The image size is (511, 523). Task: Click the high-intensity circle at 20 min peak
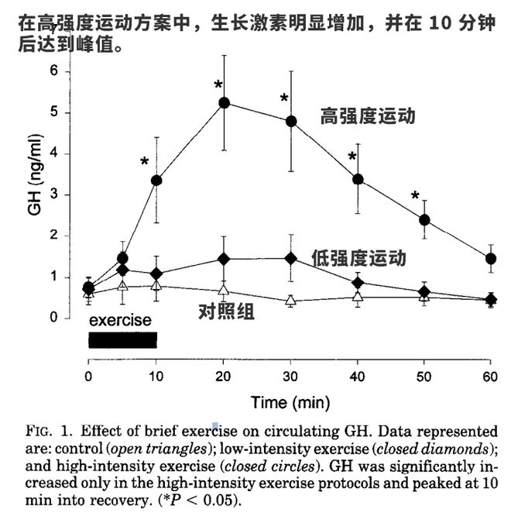224,102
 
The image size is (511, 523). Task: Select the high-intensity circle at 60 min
490,258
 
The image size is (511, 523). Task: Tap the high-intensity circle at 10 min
156,180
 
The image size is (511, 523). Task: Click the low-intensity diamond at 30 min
291,258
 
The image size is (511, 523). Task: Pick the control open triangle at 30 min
291,300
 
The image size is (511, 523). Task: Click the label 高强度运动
368,117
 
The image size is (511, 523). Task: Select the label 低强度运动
358,258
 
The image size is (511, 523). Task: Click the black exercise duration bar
122,340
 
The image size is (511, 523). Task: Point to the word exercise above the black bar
120,319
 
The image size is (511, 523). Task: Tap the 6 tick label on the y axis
53,71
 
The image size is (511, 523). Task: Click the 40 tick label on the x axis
357,376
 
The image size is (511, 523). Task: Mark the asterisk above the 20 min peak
218,84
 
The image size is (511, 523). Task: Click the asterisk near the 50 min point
415,195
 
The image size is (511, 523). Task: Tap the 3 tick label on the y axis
53,194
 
